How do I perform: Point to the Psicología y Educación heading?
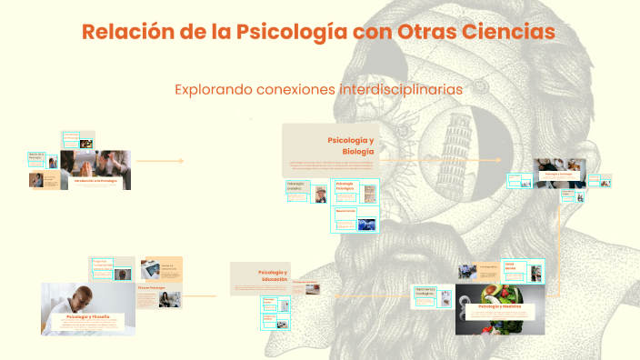[273, 276]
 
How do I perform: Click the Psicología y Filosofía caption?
[88, 316]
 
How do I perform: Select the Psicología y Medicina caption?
[500, 307]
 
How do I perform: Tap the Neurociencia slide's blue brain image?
[366, 223]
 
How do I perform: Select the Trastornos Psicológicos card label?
[425, 293]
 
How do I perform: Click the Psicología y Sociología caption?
[558, 172]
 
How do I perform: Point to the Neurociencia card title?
[345, 211]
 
